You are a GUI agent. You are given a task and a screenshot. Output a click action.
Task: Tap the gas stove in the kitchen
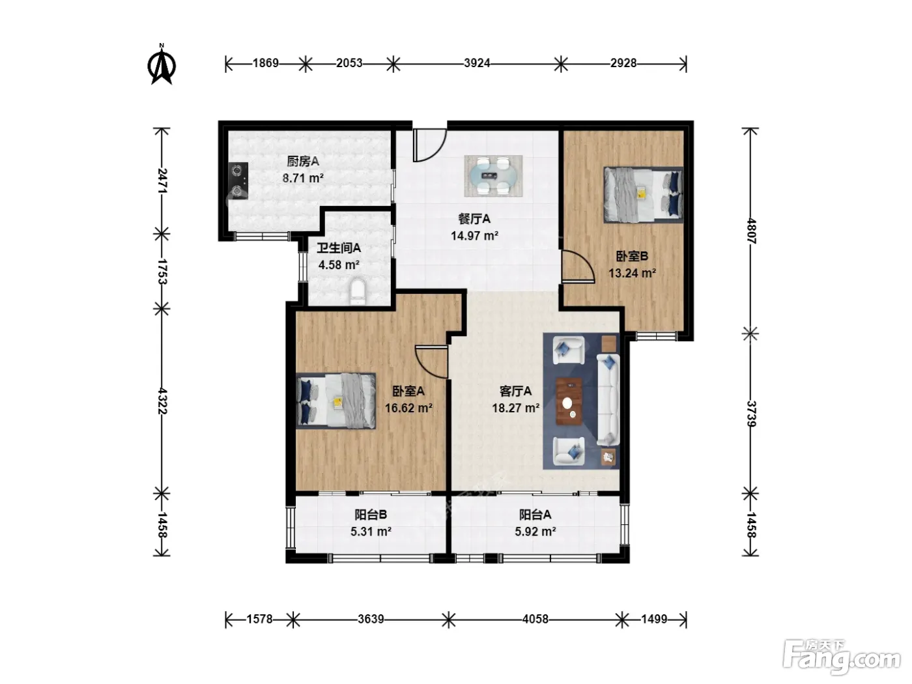pyautogui.click(x=238, y=180)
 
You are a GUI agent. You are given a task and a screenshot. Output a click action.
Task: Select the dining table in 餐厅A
pyautogui.click(x=493, y=176)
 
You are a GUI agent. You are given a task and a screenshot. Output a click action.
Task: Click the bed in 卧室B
pyautogui.click(x=643, y=194)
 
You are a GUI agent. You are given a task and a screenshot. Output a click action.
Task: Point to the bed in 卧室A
pyautogui.click(x=335, y=401)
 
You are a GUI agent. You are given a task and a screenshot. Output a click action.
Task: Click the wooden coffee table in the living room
pyautogui.click(x=569, y=401)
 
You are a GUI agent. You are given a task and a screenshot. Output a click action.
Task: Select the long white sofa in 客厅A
pyautogui.click(x=608, y=399)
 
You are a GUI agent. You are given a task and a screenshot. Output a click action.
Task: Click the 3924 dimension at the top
pyautogui.click(x=477, y=63)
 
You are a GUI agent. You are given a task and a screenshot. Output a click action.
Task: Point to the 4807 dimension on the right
pyautogui.click(x=751, y=231)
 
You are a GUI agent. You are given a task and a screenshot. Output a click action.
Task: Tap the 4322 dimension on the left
pyautogui.click(x=162, y=401)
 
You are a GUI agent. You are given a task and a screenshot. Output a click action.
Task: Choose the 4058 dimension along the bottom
pyautogui.click(x=535, y=620)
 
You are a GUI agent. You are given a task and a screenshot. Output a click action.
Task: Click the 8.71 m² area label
pyautogui.click(x=303, y=178)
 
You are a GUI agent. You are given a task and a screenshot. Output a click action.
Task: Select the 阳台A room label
pyautogui.click(x=535, y=515)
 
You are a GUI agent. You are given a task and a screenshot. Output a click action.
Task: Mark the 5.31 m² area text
pyautogui.click(x=371, y=531)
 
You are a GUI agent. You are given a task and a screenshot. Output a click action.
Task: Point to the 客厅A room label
pyautogui.click(x=516, y=391)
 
